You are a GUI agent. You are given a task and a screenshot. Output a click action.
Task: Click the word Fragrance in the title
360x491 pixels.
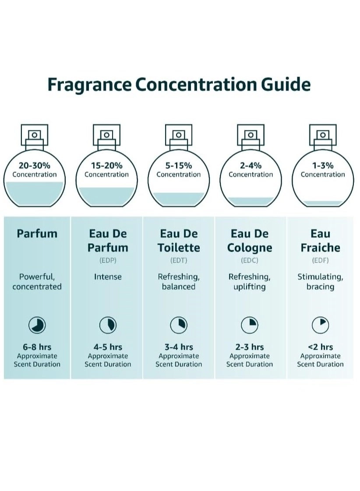pyautogui.click(x=89, y=84)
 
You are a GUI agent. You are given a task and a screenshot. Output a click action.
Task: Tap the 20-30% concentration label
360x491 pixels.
pyautogui.click(x=34, y=165)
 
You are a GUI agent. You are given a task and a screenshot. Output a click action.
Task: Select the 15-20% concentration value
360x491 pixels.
pyautogui.click(x=106, y=165)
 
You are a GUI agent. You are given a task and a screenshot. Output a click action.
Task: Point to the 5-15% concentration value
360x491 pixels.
pyautogui.click(x=178, y=165)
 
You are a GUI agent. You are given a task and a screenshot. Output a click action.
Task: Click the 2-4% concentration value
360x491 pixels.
pyautogui.click(x=251, y=165)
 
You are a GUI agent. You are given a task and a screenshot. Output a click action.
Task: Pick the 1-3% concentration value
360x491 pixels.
pyautogui.click(x=323, y=165)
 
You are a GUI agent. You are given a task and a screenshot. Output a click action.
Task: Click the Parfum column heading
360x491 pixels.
pyautogui.click(x=37, y=234)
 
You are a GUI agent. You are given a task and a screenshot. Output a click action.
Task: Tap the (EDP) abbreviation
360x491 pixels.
pyautogui.click(x=108, y=260)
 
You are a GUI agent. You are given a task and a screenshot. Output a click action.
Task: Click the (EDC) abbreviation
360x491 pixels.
pyautogui.click(x=250, y=260)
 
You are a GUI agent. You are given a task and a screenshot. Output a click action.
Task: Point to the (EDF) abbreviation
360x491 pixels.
pyautogui.click(x=320, y=260)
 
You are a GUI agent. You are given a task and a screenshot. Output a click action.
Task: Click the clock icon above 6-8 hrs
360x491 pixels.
pyautogui.click(x=37, y=325)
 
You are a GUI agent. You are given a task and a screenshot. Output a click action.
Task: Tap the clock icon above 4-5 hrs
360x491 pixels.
pyautogui.click(x=108, y=325)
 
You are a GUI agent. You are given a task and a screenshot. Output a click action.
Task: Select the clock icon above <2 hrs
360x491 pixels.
pyautogui.click(x=320, y=325)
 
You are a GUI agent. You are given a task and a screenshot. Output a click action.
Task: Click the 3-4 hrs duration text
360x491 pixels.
pyautogui.click(x=178, y=347)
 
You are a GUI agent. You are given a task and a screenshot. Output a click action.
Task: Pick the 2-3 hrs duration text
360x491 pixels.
pyautogui.click(x=250, y=347)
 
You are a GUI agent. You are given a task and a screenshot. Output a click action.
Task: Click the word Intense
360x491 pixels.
pyautogui.click(x=108, y=277)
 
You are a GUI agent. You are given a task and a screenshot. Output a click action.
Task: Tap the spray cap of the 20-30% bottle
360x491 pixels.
pyautogui.click(x=34, y=135)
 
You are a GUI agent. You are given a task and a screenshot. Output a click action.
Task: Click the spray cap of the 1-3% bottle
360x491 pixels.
pyautogui.click(x=323, y=135)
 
